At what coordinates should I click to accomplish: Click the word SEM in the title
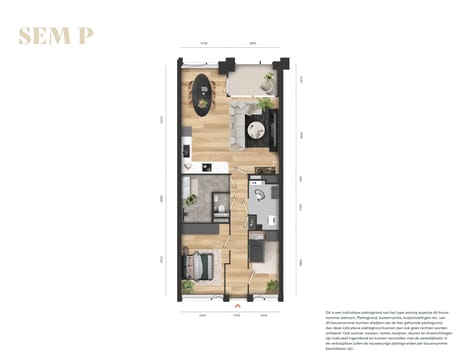44,37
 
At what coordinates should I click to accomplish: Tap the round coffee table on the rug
255,126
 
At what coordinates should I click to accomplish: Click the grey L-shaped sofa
238,120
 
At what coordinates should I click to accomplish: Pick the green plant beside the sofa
265,103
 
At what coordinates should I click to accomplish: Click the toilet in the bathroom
218,207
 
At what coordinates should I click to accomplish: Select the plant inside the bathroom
191,200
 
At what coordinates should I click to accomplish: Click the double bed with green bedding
201,267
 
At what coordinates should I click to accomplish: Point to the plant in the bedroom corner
188,287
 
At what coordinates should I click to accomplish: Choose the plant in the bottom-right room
271,286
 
